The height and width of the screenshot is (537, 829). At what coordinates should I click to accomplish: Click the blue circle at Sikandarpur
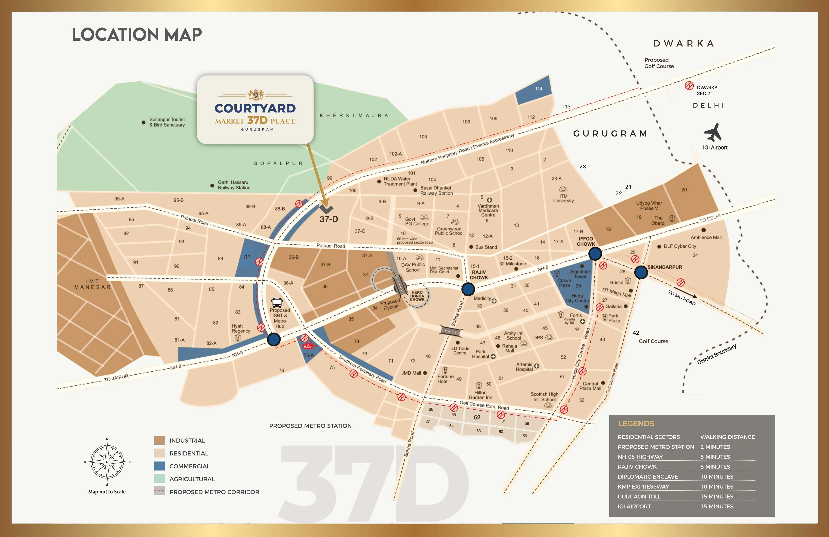tap(641, 272)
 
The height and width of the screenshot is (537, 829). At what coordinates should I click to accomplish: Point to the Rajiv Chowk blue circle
tap(468, 289)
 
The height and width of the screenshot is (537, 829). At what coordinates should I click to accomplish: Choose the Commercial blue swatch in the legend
tap(159, 466)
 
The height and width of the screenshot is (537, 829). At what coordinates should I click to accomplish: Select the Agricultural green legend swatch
tap(159, 479)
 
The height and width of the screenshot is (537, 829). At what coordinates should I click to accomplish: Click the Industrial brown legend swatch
tap(159, 440)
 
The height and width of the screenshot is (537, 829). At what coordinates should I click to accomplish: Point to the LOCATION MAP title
tap(137, 34)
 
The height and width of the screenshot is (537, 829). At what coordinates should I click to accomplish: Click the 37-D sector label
tap(329, 219)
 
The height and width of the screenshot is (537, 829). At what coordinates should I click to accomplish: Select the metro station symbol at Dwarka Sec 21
tap(689, 86)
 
